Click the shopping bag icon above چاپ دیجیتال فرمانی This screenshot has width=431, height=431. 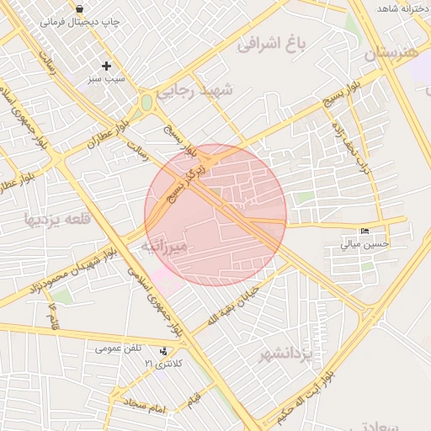pos(79,9)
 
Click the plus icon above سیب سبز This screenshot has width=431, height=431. pos(106,66)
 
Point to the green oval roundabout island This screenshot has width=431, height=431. pos(147,103)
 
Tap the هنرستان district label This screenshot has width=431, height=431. pos(391,53)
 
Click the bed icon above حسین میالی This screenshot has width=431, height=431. pos(364,231)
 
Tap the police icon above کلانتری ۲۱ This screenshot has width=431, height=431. pos(162,351)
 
